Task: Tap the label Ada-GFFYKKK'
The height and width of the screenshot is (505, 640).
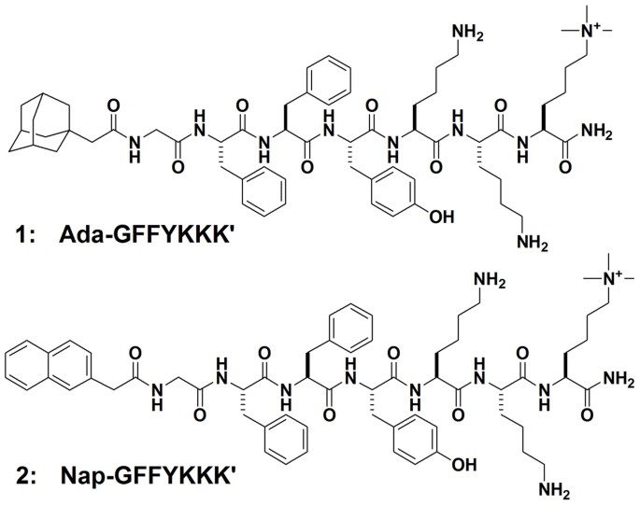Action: pos(150,231)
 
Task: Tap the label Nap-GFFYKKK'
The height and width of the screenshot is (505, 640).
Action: pos(150,464)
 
